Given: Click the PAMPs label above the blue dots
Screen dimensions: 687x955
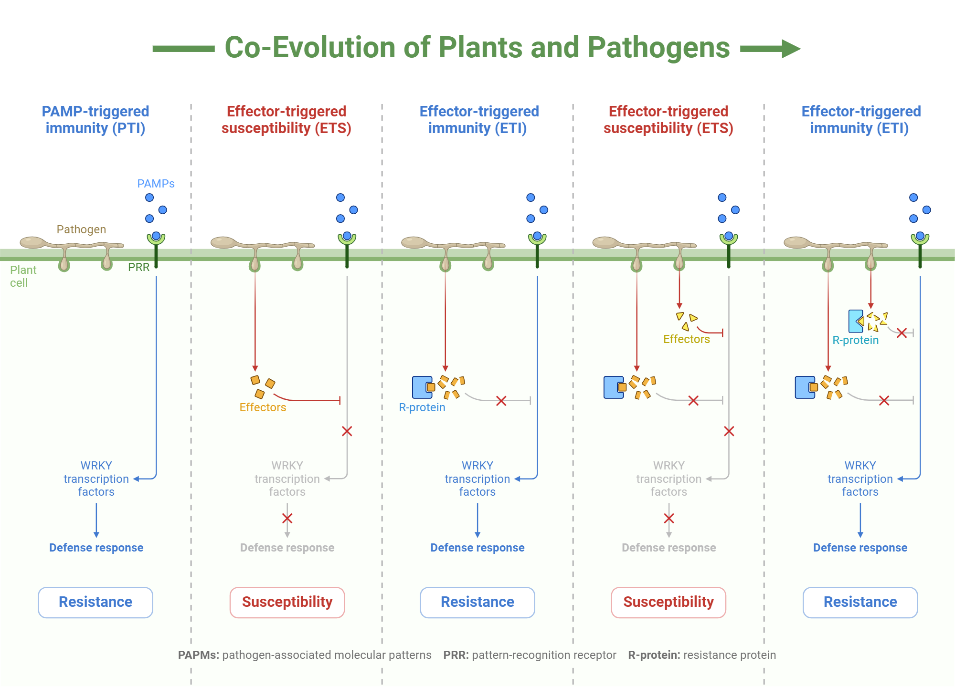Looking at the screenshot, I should click(x=156, y=184).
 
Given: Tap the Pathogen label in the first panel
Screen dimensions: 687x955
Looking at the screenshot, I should click(x=81, y=229).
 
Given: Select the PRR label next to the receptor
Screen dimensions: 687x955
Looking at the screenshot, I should click(x=138, y=267).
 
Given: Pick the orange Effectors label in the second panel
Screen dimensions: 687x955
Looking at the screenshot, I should click(x=263, y=407).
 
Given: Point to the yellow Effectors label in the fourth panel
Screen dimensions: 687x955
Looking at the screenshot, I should click(x=686, y=339).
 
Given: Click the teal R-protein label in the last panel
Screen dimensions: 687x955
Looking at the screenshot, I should click(x=855, y=340).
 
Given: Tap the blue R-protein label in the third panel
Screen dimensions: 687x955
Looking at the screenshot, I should click(x=422, y=407).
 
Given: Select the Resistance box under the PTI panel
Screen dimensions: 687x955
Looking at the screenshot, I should click(x=95, y=602).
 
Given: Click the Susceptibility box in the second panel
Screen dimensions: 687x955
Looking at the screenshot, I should click(x=287, y=602).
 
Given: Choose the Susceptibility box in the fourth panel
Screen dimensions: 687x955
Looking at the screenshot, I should click(x=668, y=602).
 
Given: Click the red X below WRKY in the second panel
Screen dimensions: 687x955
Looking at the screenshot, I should click(x=287, y=519).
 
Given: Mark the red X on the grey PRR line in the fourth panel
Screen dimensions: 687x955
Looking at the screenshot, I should click(x=729, y=431).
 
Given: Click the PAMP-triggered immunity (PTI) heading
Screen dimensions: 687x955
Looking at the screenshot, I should click(x=95, y=120).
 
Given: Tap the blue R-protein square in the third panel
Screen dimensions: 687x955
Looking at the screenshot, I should click(x=422, y=387).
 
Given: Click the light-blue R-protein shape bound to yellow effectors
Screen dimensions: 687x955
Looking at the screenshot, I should click(x=855, y=321).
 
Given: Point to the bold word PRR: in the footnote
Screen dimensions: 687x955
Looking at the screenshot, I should click(x=456, y=655).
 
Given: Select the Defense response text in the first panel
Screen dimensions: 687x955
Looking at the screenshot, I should click(x=96, y=548).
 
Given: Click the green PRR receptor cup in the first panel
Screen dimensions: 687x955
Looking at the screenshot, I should click(x=156, y=238).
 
